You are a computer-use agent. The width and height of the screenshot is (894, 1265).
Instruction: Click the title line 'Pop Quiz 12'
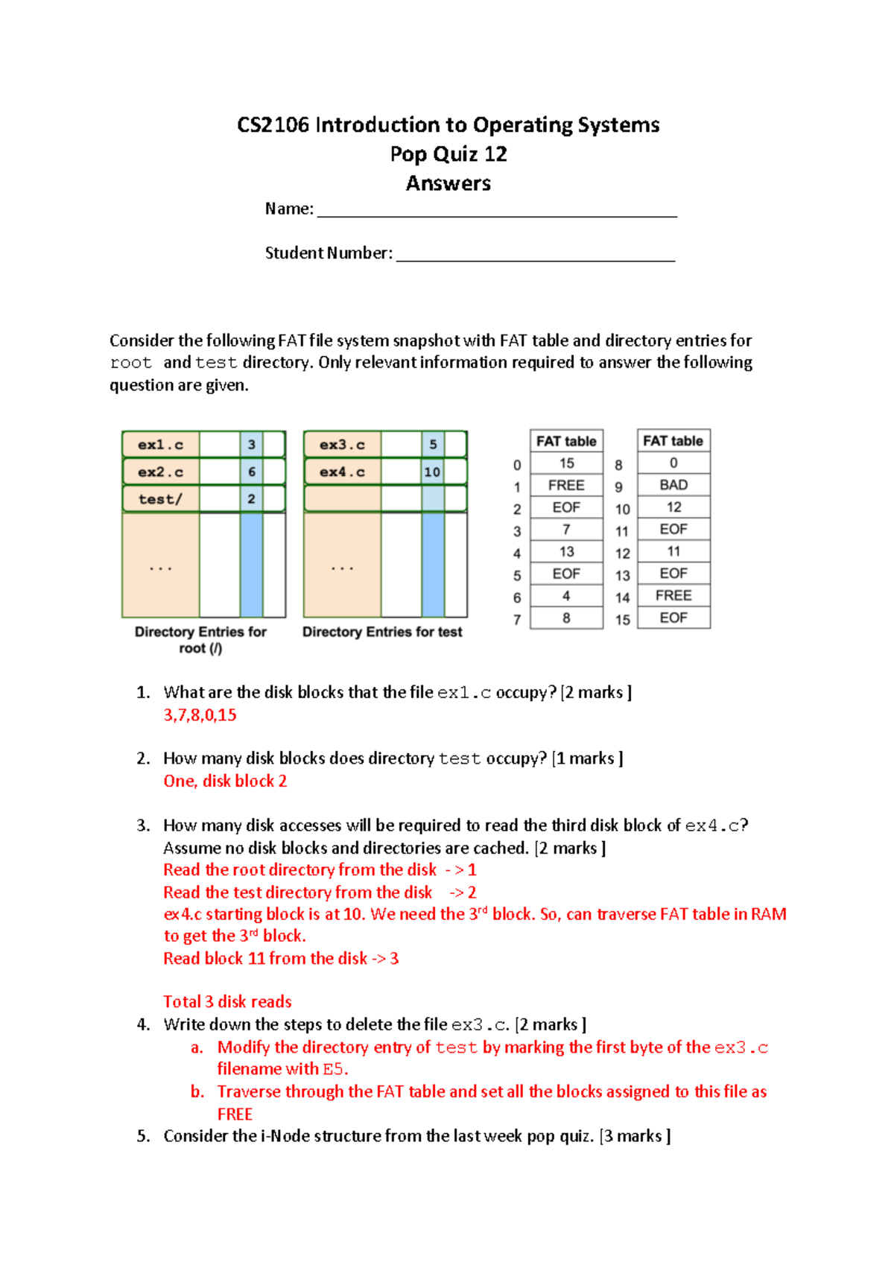pos(448,154)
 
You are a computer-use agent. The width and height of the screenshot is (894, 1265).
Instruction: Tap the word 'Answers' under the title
pos(448,183)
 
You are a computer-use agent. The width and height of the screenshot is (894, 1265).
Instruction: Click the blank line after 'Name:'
pos(497,212)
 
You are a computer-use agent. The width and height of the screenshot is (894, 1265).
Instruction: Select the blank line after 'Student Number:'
pos(535,257)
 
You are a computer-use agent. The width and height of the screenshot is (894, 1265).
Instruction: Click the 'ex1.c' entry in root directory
pos(160,445)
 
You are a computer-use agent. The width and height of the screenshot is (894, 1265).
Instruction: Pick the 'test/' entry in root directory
pos(160,499)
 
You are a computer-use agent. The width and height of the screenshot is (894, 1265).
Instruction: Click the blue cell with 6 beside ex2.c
pos(252,472)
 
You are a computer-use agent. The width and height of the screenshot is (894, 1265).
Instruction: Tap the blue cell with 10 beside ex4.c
pos(432,472)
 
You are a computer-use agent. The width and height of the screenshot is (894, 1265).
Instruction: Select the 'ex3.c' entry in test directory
pos(342,445)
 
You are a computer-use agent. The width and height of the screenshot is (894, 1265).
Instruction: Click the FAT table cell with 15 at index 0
pos(566,463)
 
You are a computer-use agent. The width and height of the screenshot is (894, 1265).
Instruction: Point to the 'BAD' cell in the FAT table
pos(673,485)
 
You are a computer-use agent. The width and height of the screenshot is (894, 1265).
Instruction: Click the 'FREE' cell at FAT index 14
pos(673,595)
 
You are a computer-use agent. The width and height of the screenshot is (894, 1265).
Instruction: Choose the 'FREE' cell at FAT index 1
pos(566,485)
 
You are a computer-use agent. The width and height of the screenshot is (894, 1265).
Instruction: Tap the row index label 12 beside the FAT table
pos(623,554)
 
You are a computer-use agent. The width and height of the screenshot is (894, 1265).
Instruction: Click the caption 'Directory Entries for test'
pos(382,632)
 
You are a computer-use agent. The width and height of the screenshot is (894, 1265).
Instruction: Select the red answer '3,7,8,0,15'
pos(200,715)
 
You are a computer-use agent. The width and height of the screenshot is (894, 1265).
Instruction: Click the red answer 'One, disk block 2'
pos(225,781)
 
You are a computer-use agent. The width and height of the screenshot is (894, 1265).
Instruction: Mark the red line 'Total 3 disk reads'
pos(227,1002)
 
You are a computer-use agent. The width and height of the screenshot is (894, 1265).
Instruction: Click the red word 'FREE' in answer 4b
pos(235,1114)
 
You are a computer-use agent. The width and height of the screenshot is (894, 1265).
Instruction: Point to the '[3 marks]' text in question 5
pos(635,1136)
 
